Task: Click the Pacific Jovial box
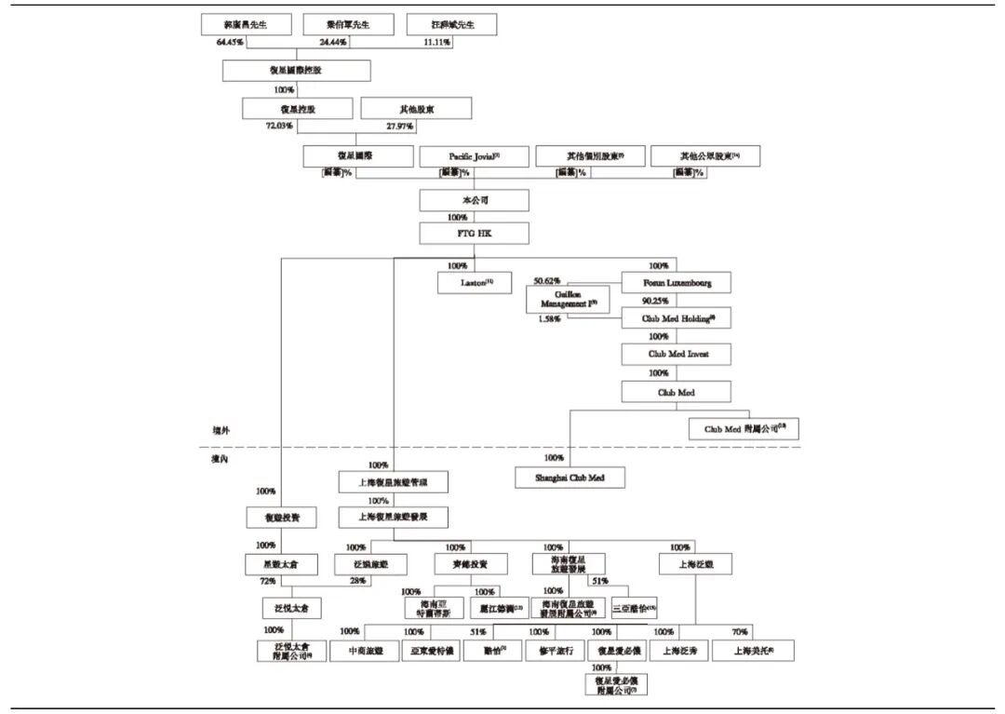[474, 156]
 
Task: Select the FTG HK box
[474, 233]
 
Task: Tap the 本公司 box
[474, 200]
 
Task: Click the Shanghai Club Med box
[570, 478]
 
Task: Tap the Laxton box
[476, 282]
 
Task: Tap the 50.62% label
[548, 280]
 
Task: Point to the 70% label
[739, 632]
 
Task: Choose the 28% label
[358, 581]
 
